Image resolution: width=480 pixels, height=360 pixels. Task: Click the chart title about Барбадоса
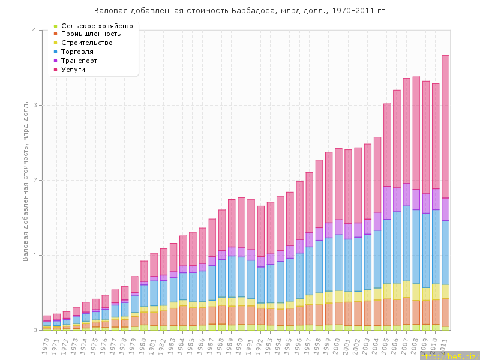[240, 11]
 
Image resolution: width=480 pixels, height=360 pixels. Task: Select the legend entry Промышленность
[95, 34]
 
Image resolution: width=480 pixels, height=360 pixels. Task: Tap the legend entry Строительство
[95, 43]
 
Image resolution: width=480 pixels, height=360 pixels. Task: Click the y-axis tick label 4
[34, 31]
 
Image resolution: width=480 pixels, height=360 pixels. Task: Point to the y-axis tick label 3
[34, 106]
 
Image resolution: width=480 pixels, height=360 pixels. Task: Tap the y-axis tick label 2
[34, 181]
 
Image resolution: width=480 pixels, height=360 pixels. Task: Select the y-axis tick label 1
[34, 256]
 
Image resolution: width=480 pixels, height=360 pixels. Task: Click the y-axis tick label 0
[34, 330]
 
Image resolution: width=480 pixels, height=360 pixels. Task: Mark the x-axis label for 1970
[46, 344]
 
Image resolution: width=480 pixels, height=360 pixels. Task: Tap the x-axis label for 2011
[444, 344]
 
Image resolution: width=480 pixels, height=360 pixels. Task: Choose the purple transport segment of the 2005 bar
[387, 203]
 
